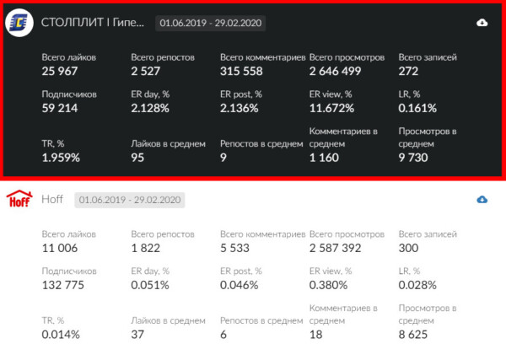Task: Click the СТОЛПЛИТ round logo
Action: (19, 23)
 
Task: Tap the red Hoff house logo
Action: (19, 199)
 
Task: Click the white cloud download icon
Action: (482, 23)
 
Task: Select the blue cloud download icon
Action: (482, 200)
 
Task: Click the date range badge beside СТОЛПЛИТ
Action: (210, 24)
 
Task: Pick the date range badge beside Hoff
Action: (130, 200)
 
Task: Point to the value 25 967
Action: (60, 71)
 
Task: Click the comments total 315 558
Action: (241, 71)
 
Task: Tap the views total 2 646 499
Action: (335, 71)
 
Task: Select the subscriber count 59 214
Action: (60, 108)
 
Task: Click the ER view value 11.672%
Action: (331, 108)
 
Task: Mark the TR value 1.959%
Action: (61, 158)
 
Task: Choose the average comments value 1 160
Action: (324, 158)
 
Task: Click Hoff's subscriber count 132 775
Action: (63, 285)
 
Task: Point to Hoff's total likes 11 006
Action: (60, 248)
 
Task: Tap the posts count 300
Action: (408, 248)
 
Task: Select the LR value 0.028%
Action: (417, 285)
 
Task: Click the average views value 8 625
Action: (413, 335)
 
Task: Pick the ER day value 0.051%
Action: (150, 285)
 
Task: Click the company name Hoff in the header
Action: (52, 199)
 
